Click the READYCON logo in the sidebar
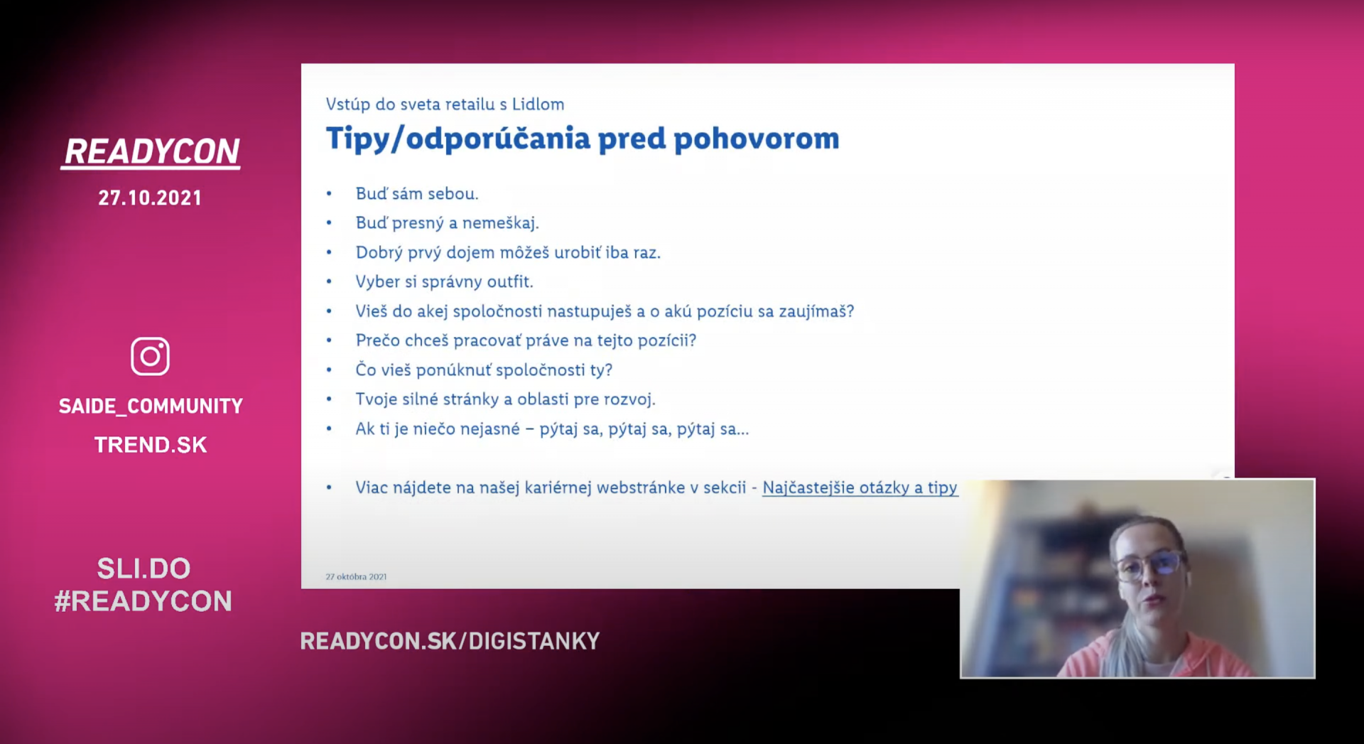(x=151, y=152)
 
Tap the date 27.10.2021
(x=150, y=198)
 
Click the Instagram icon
(x=150, y=356)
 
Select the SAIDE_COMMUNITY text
(x=151, y=406)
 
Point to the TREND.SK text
(x=151, y=445)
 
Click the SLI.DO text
(x=144, y=568)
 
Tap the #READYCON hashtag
(x=144, y=601)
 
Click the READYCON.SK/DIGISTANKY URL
(x=450, y=641)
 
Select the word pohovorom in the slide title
(x=757, y=139)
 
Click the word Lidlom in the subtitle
(x=538, y=104)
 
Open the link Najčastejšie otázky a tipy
(x=860, y=487)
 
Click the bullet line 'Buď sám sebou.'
(x=417, y=194)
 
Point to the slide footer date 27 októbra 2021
(x=356, y=576)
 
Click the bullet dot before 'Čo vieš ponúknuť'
(x=329, y=370)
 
